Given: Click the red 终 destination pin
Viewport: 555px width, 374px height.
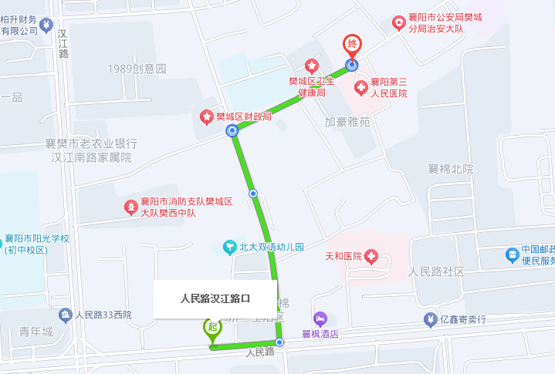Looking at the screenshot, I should [352, 45].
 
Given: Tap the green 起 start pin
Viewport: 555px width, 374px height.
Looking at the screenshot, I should [213, 327].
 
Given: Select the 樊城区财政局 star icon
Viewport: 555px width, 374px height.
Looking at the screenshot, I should [207, 117].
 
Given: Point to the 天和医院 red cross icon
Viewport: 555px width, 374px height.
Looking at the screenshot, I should [371, 255].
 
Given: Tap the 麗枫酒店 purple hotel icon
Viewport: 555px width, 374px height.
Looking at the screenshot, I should [320, 318].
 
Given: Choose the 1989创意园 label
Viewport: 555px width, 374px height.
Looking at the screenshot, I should [137, 69].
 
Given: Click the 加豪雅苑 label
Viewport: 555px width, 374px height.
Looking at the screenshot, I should [347, 122].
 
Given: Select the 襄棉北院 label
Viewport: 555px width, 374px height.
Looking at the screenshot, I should [451, 169].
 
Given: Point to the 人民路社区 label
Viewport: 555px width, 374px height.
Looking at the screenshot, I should [436, 271].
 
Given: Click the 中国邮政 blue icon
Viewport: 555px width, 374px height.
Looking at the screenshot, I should [512, 254].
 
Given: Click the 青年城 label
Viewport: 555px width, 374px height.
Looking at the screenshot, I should [36, 332].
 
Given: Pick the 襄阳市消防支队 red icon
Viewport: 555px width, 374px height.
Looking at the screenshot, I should [131, 207].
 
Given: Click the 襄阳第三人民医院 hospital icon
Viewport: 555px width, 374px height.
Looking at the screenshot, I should [360, 88].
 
